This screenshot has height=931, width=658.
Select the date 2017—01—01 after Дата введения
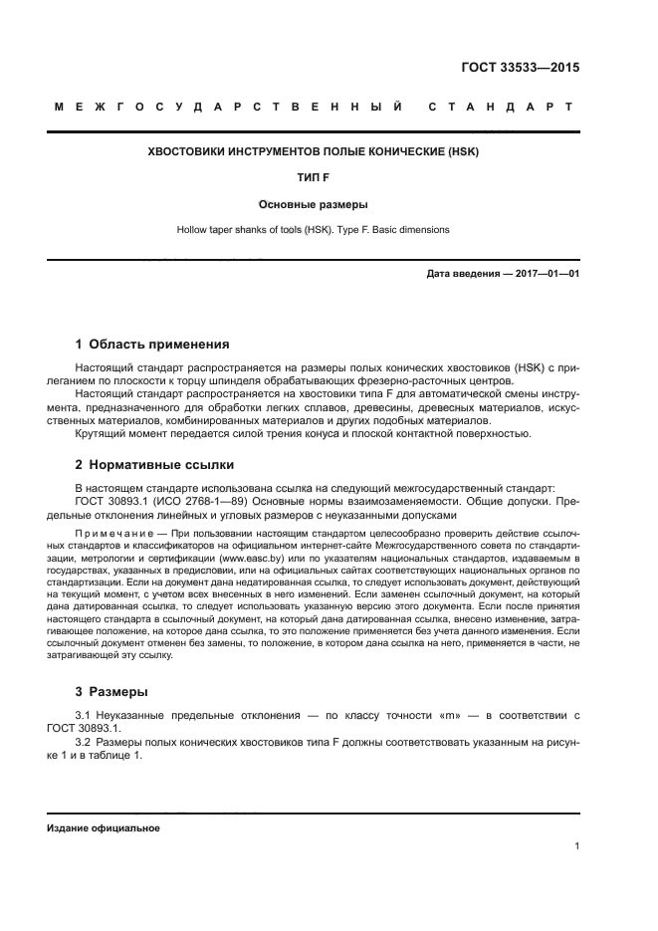pos(547,273)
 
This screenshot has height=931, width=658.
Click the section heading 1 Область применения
pos(152,345)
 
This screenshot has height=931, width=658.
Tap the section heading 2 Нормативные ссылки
pos(157,465)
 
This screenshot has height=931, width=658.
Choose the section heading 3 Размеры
pos(111,691)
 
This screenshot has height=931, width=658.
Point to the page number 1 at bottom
pos(576,846)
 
